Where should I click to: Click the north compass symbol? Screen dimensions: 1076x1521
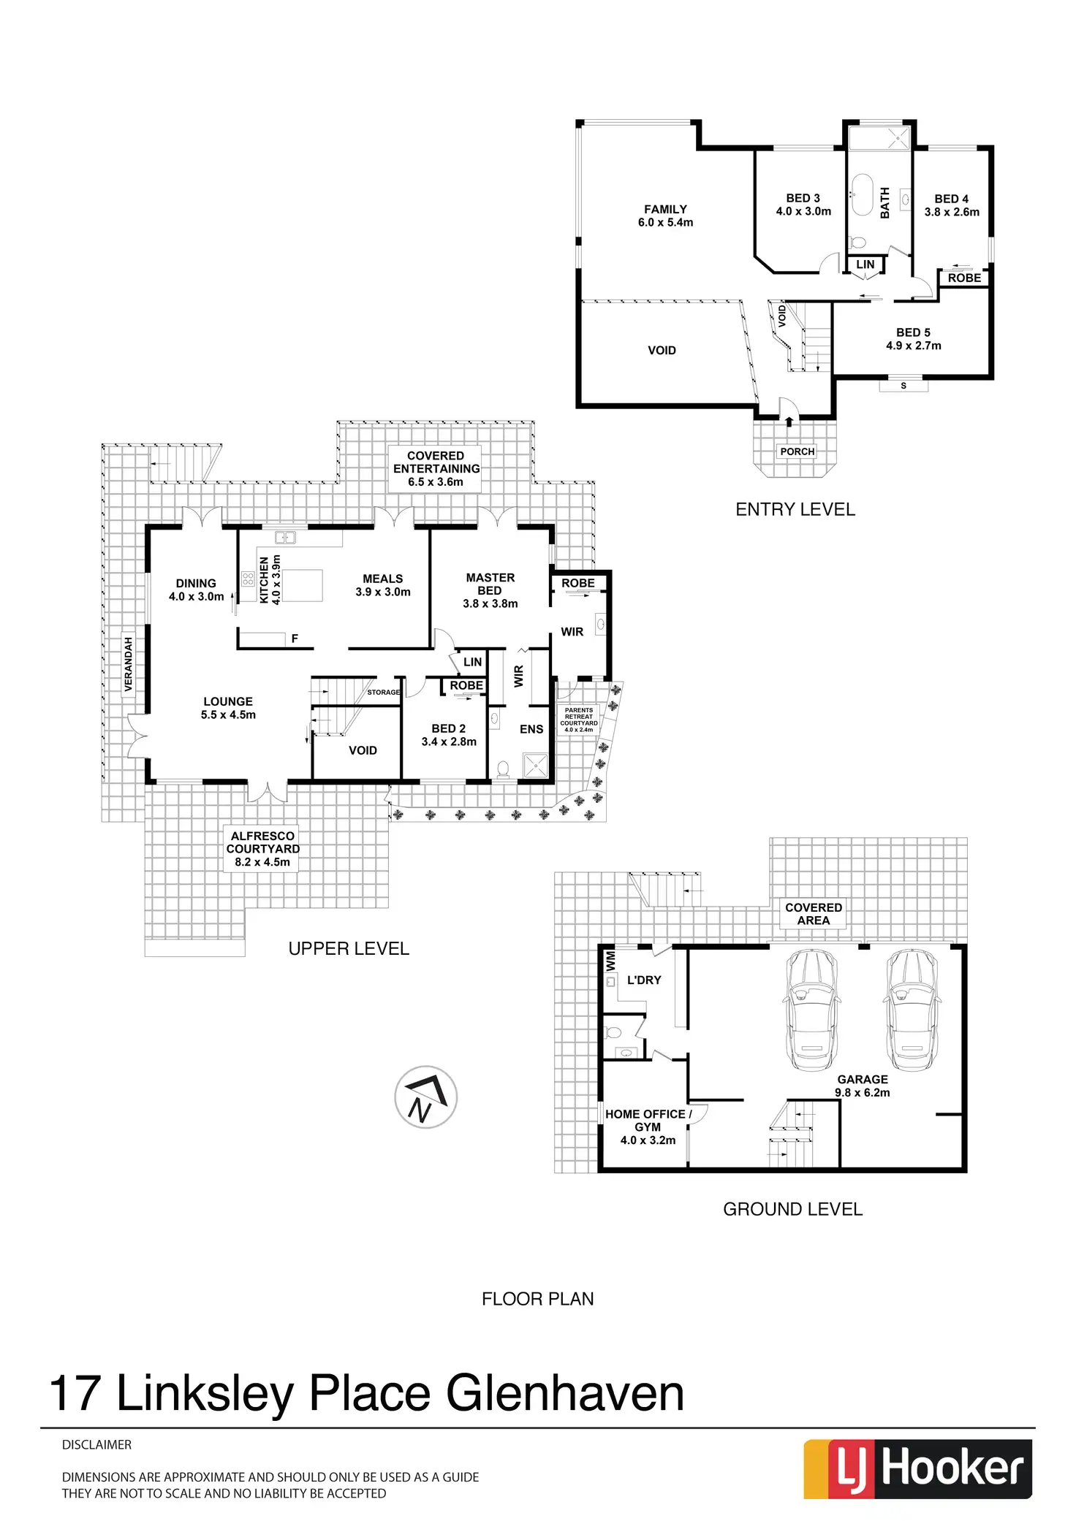[x=425, y=1097]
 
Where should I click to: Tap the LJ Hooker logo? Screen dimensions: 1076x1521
[x=917, y=1468]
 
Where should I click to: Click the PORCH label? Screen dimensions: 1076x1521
[x=797, y=451]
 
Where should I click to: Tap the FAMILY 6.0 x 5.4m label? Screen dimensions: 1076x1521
[x=665, y=216]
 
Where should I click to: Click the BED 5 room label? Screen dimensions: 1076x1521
[x=913, y=339]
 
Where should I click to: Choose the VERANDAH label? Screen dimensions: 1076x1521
[x=129, y=664]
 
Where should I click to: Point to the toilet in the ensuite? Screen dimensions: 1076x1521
[x=502, y=769]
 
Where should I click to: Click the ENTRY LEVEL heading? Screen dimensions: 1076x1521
[x=795, y=510]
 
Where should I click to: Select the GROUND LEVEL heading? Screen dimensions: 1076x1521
[x=792, y=1209]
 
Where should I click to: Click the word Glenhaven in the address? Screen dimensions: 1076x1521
[x=564, y=1392]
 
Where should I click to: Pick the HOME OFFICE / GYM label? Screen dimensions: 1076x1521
[x=648, y=1127]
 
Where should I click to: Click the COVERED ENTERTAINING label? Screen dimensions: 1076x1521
[x=436, y=468]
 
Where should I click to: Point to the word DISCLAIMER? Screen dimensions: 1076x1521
[x=96, y=1444]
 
